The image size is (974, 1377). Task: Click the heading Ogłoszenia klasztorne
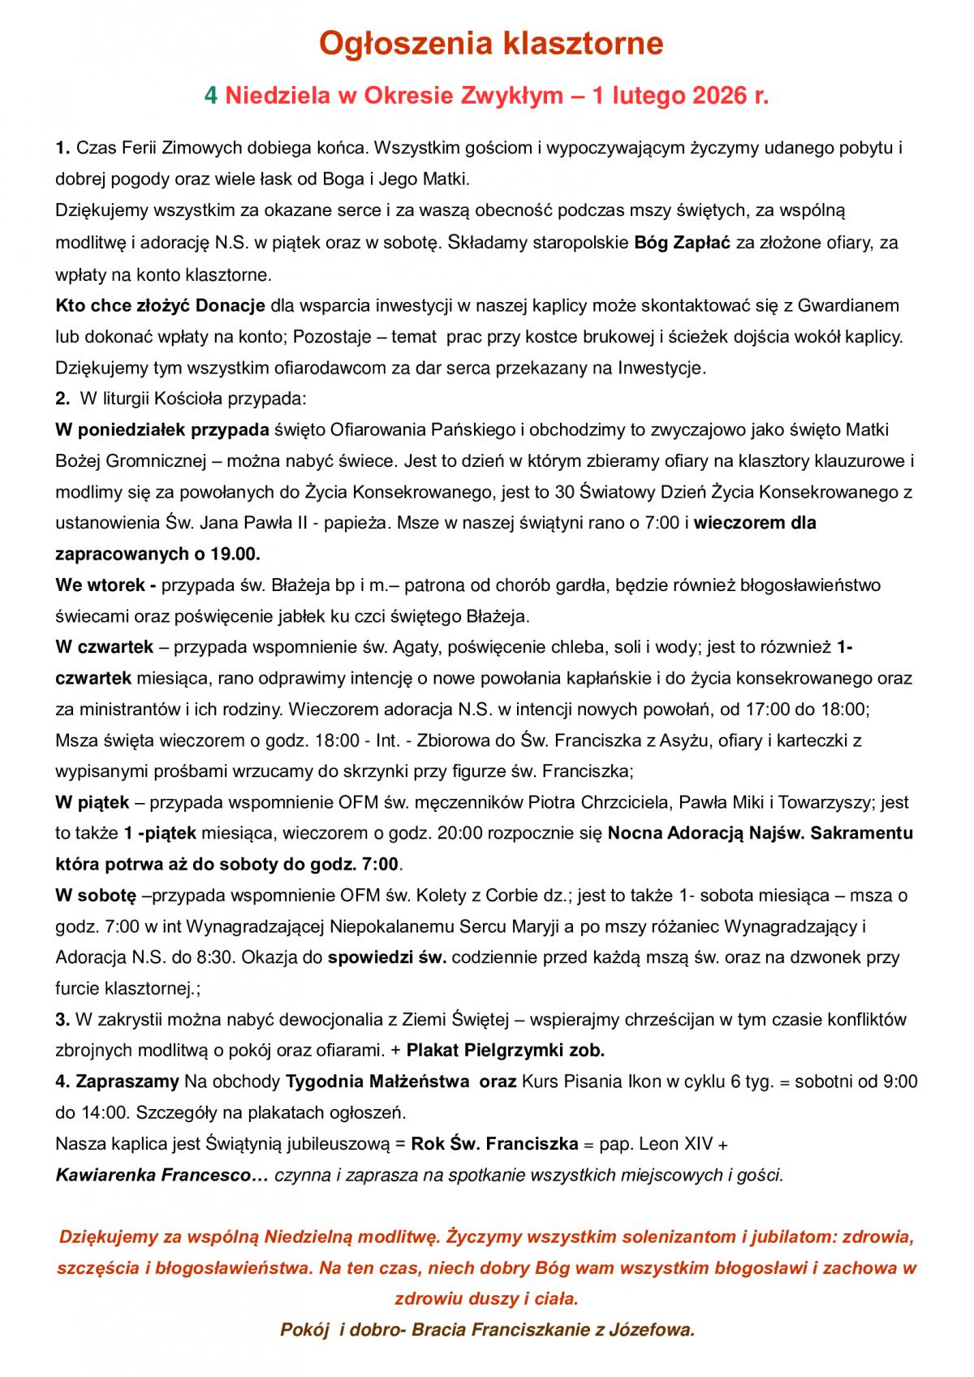click(x=490, y=43)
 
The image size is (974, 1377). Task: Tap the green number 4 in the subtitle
click(x=211, y=96)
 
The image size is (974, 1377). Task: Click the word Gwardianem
click(x=849, y=305)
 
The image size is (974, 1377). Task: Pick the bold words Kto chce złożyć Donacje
click(x=161, y=305)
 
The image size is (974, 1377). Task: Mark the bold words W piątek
click(x=93, y=802)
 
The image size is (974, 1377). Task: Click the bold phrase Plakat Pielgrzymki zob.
click(x=505, y=1050)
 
